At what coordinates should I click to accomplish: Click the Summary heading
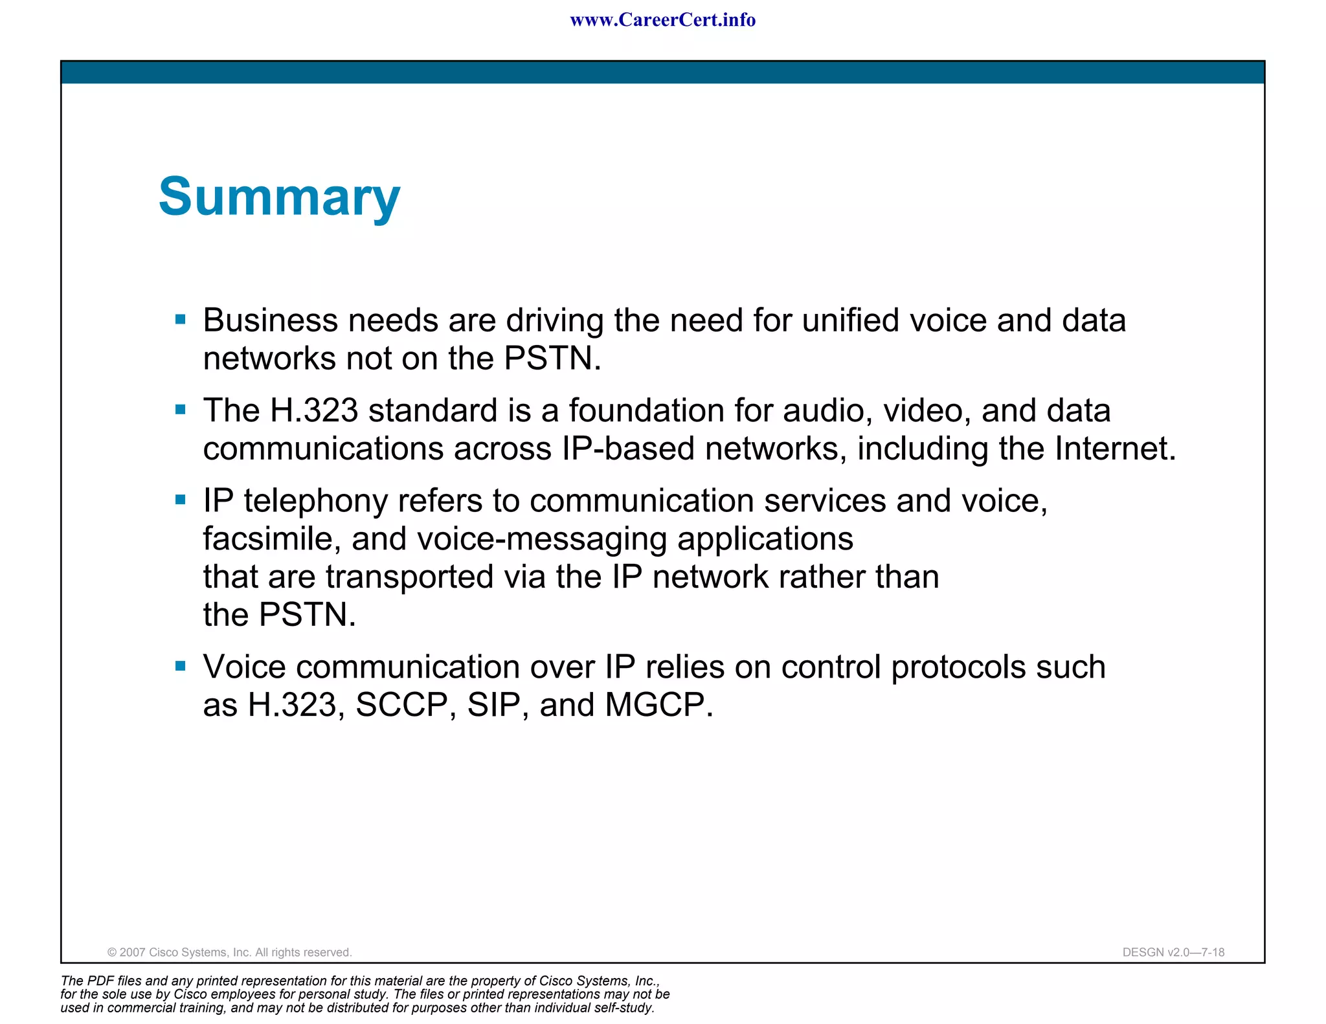[x=279, y=197]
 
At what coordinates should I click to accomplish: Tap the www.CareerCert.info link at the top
[x=662, y=20]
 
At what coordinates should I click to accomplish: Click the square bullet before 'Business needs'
[x=181, y=319]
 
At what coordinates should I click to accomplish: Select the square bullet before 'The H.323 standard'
[x=181, y=409]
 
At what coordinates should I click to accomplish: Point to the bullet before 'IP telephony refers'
[x=181, y=499]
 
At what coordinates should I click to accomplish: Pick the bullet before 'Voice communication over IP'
[x=181, y=665]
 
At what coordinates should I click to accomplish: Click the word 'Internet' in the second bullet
[x=1114, y=449]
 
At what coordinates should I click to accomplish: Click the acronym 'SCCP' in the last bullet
[x=402, y=705]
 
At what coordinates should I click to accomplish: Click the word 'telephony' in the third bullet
[x=315, y=502]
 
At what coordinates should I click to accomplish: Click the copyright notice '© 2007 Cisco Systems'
[x=229, y=952]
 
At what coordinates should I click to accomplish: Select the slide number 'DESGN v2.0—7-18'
[x=1173, y=952]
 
